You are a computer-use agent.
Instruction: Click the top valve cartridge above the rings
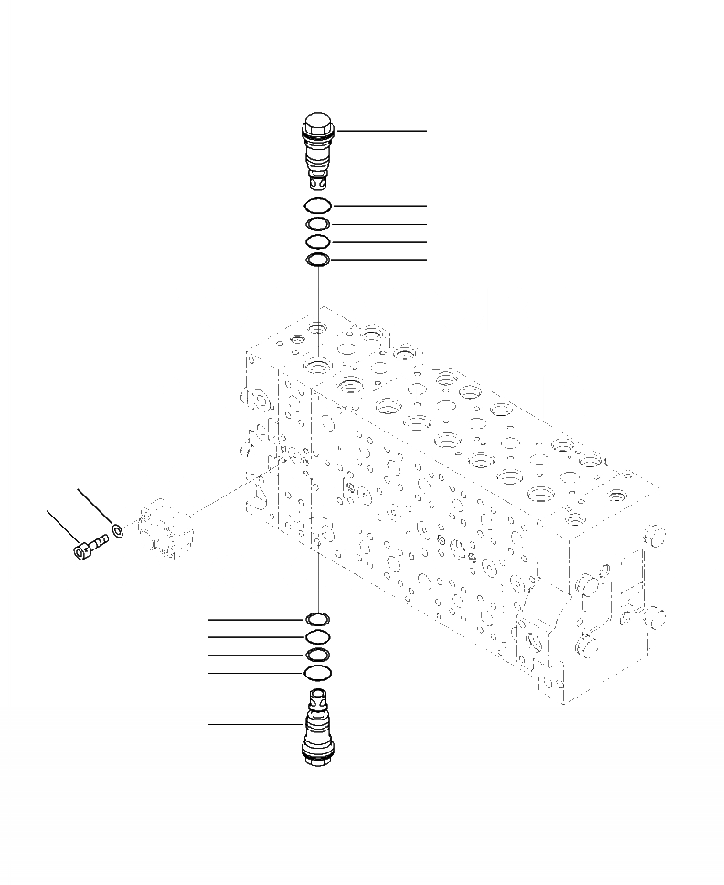pyautogui.click(x=318, y=151)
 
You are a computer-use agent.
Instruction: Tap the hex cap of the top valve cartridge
pyautogui.click(x=318, y=123)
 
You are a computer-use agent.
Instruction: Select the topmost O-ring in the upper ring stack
pyautogui.click(x=318, y=206)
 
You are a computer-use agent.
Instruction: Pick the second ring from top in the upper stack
pyautogui.click(x=318, y=224)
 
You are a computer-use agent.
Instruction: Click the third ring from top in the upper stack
pyautogui.click(x=318, y=242)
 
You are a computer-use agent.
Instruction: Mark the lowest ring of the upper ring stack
pyautogui.click(x=318, y=261)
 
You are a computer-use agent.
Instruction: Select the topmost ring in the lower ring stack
pyautogui.click(x=317, y=620)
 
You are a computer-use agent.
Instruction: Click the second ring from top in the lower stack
pyautogui.click(x=317, y=637)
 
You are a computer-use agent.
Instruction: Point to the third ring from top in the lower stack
pyautogui.click(x=317, y=656)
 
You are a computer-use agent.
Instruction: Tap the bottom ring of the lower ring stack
pyautogui.click(x=317, y=674)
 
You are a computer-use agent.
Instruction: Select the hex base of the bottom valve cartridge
pyautogui.click(x=317, y=755)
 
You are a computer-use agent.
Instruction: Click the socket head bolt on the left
pyautogui.click(x=89, y=546)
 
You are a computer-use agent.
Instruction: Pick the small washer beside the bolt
pyautogui.click(x=117, y=529)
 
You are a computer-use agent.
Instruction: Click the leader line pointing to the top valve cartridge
pyautogui.click(x=384, y=131)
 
